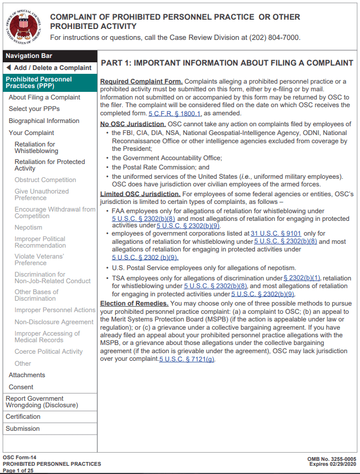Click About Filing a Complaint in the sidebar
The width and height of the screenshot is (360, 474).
pos(44,97)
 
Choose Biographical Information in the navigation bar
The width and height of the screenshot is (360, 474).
pos(44,121)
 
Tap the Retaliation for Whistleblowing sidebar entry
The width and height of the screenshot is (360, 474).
pos(35,148)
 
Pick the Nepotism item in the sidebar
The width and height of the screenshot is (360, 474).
pos(28,227)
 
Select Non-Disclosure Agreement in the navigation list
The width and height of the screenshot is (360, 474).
pos(54,322)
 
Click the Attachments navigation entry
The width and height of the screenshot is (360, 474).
pos(27,375)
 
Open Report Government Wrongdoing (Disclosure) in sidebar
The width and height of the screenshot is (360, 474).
pos(42,402)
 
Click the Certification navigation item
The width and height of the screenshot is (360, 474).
pos(23,417)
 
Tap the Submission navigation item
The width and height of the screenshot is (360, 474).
pos(22,429)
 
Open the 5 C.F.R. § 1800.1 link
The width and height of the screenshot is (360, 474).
pos(175,113)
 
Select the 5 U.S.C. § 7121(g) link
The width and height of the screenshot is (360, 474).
pos(187,359)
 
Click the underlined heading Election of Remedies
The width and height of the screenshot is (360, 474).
pos(134,303)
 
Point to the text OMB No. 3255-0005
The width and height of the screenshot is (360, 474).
pos(332,459)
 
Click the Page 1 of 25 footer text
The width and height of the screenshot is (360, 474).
pos(19,470)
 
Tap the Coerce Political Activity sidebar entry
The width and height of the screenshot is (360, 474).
pos(49,352)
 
